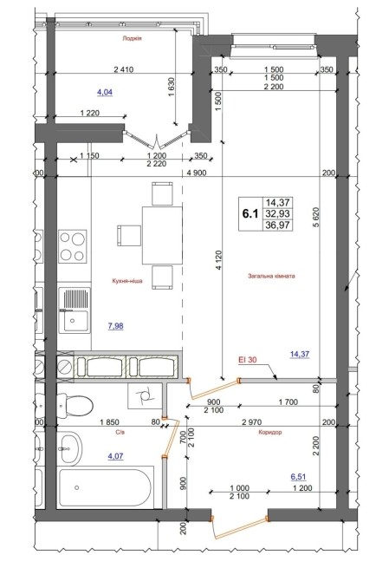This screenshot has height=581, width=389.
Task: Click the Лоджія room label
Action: [133, 38]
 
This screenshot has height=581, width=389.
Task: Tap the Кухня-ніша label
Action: [127, 281]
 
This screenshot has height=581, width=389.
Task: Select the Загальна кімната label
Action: [272, 276]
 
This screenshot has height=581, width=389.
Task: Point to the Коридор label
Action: [270, 433]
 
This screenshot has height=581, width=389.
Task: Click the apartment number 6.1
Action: [250, 214]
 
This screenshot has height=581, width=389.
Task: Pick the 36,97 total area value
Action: [277, 225]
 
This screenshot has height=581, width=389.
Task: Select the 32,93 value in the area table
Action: [277, 214]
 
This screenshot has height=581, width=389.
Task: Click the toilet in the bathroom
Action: [75, 406]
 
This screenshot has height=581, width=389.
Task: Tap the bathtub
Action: [106, 487]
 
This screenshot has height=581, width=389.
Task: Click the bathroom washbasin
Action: [70, 448]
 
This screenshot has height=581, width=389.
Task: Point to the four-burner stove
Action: [73, 247]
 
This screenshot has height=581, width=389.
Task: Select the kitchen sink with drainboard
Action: [75, 310]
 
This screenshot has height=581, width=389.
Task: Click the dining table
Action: [162, 235]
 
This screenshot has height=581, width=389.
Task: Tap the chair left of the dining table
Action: [129, 236]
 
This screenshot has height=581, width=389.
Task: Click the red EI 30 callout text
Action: [248, 359]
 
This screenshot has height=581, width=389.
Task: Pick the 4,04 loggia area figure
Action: [105, 92]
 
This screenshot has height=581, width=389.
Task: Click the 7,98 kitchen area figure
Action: [115, 326]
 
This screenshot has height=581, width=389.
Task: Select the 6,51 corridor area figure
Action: [298, 477]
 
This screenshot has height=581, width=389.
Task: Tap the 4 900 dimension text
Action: [197, 173]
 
